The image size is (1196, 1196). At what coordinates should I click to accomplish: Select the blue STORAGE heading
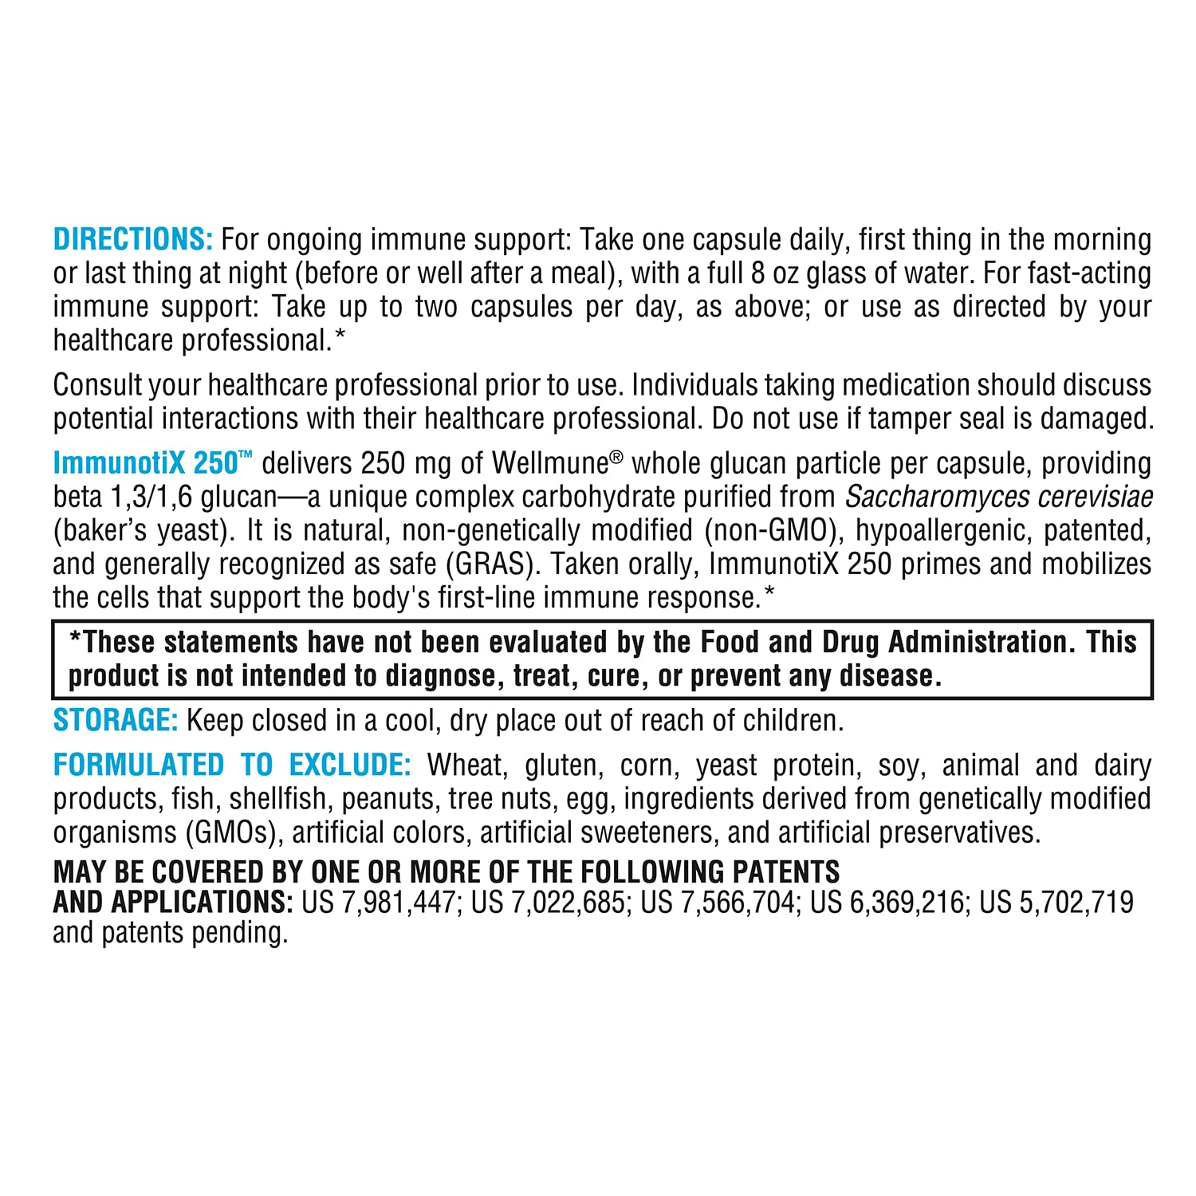pos(116,720)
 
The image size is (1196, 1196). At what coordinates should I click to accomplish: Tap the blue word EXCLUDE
pos(349,765)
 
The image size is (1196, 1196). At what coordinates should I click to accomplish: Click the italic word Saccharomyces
pos(924,497)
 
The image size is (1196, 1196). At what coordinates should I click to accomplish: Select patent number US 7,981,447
pos(379,902)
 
